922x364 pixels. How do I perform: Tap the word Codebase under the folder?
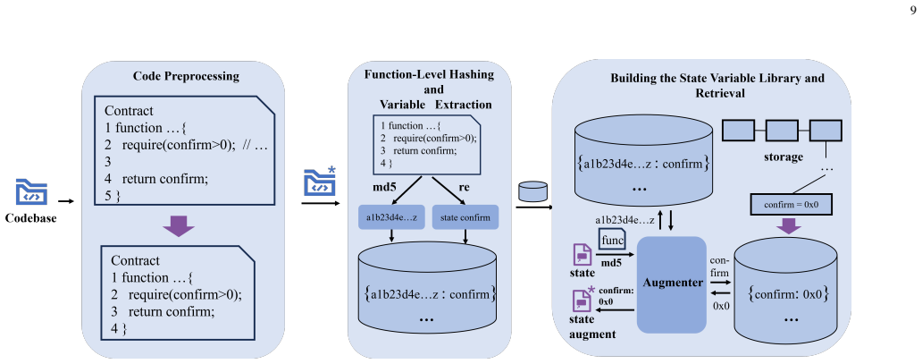[x=31, y=218]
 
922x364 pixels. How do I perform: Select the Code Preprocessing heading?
[x=186, y=76]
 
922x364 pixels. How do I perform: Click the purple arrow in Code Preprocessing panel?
[x=178, y=225]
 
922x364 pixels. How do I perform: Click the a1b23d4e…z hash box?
[x=391, y=217]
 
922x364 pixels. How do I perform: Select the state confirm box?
[x=465, y=217]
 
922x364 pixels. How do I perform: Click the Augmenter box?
[x=672, y=284]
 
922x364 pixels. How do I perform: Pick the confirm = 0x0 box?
[x=792, y=205]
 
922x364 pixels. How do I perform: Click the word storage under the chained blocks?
[x=784, y=157]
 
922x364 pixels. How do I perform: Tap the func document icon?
[x=612, y=241]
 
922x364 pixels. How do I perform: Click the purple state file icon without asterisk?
[x=583, y=254]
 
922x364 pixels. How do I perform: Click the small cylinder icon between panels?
[x=533, y=191]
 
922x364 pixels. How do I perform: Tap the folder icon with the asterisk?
[x=320, y=181]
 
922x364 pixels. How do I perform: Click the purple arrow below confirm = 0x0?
[x=792, y=225]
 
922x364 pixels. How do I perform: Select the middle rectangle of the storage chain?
[x=782, y=130]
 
